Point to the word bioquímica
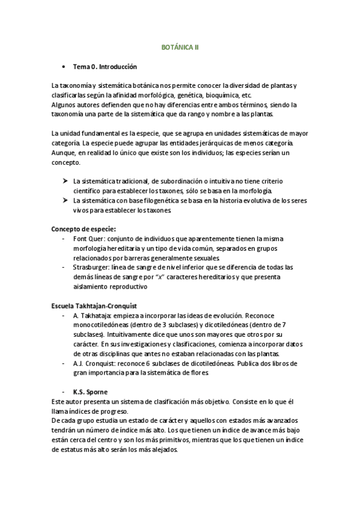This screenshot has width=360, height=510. point(222,96)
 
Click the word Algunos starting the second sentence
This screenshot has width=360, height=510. point(63,105)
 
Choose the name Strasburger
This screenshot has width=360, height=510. point(90,267)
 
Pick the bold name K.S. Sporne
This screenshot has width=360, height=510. point(90,392)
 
